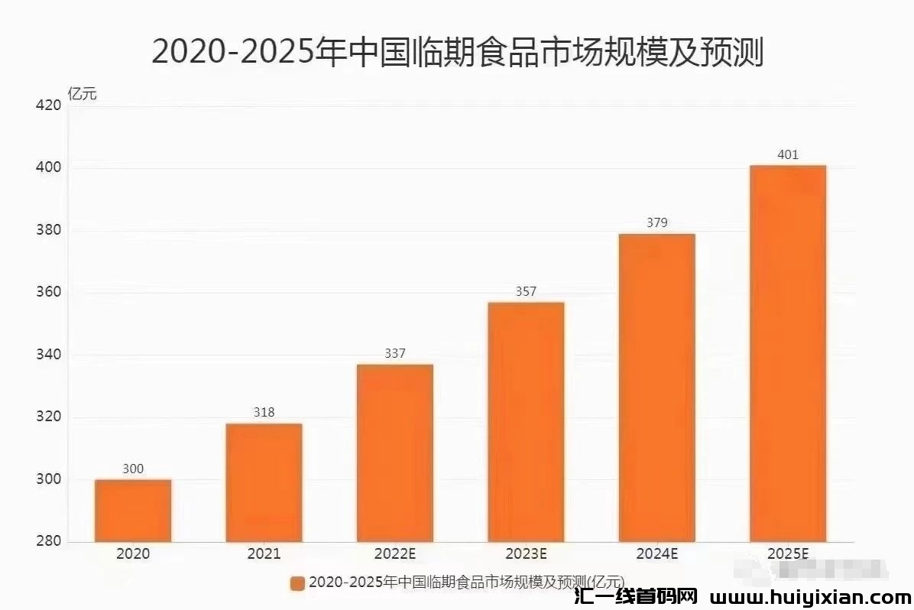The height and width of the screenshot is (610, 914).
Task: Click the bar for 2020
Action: pos(133,511)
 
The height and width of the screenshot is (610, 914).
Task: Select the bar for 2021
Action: pos(264,482)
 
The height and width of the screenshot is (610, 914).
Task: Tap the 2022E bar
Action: pos(394,453)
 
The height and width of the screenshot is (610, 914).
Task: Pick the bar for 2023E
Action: pos(526,422)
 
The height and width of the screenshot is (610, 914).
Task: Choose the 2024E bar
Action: pos(656,388)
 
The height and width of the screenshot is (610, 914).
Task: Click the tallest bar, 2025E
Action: pos(788,353)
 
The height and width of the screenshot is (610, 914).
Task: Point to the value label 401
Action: pos(788,155)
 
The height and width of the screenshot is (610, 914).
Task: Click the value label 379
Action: pos(656,223)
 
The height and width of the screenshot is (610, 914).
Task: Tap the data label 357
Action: pos(526,291)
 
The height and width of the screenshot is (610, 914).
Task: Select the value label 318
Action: pos(264,413)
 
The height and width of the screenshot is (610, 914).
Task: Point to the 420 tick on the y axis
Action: pos(48,105)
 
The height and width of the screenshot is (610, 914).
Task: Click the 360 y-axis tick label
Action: pos(48,293)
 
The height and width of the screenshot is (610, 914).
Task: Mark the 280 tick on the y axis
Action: pos(48,542)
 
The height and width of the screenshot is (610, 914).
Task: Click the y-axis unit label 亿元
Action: pos(83,95)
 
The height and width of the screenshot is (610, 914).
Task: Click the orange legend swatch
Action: pos(297,583)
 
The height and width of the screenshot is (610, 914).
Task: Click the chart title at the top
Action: pos(457,52)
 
